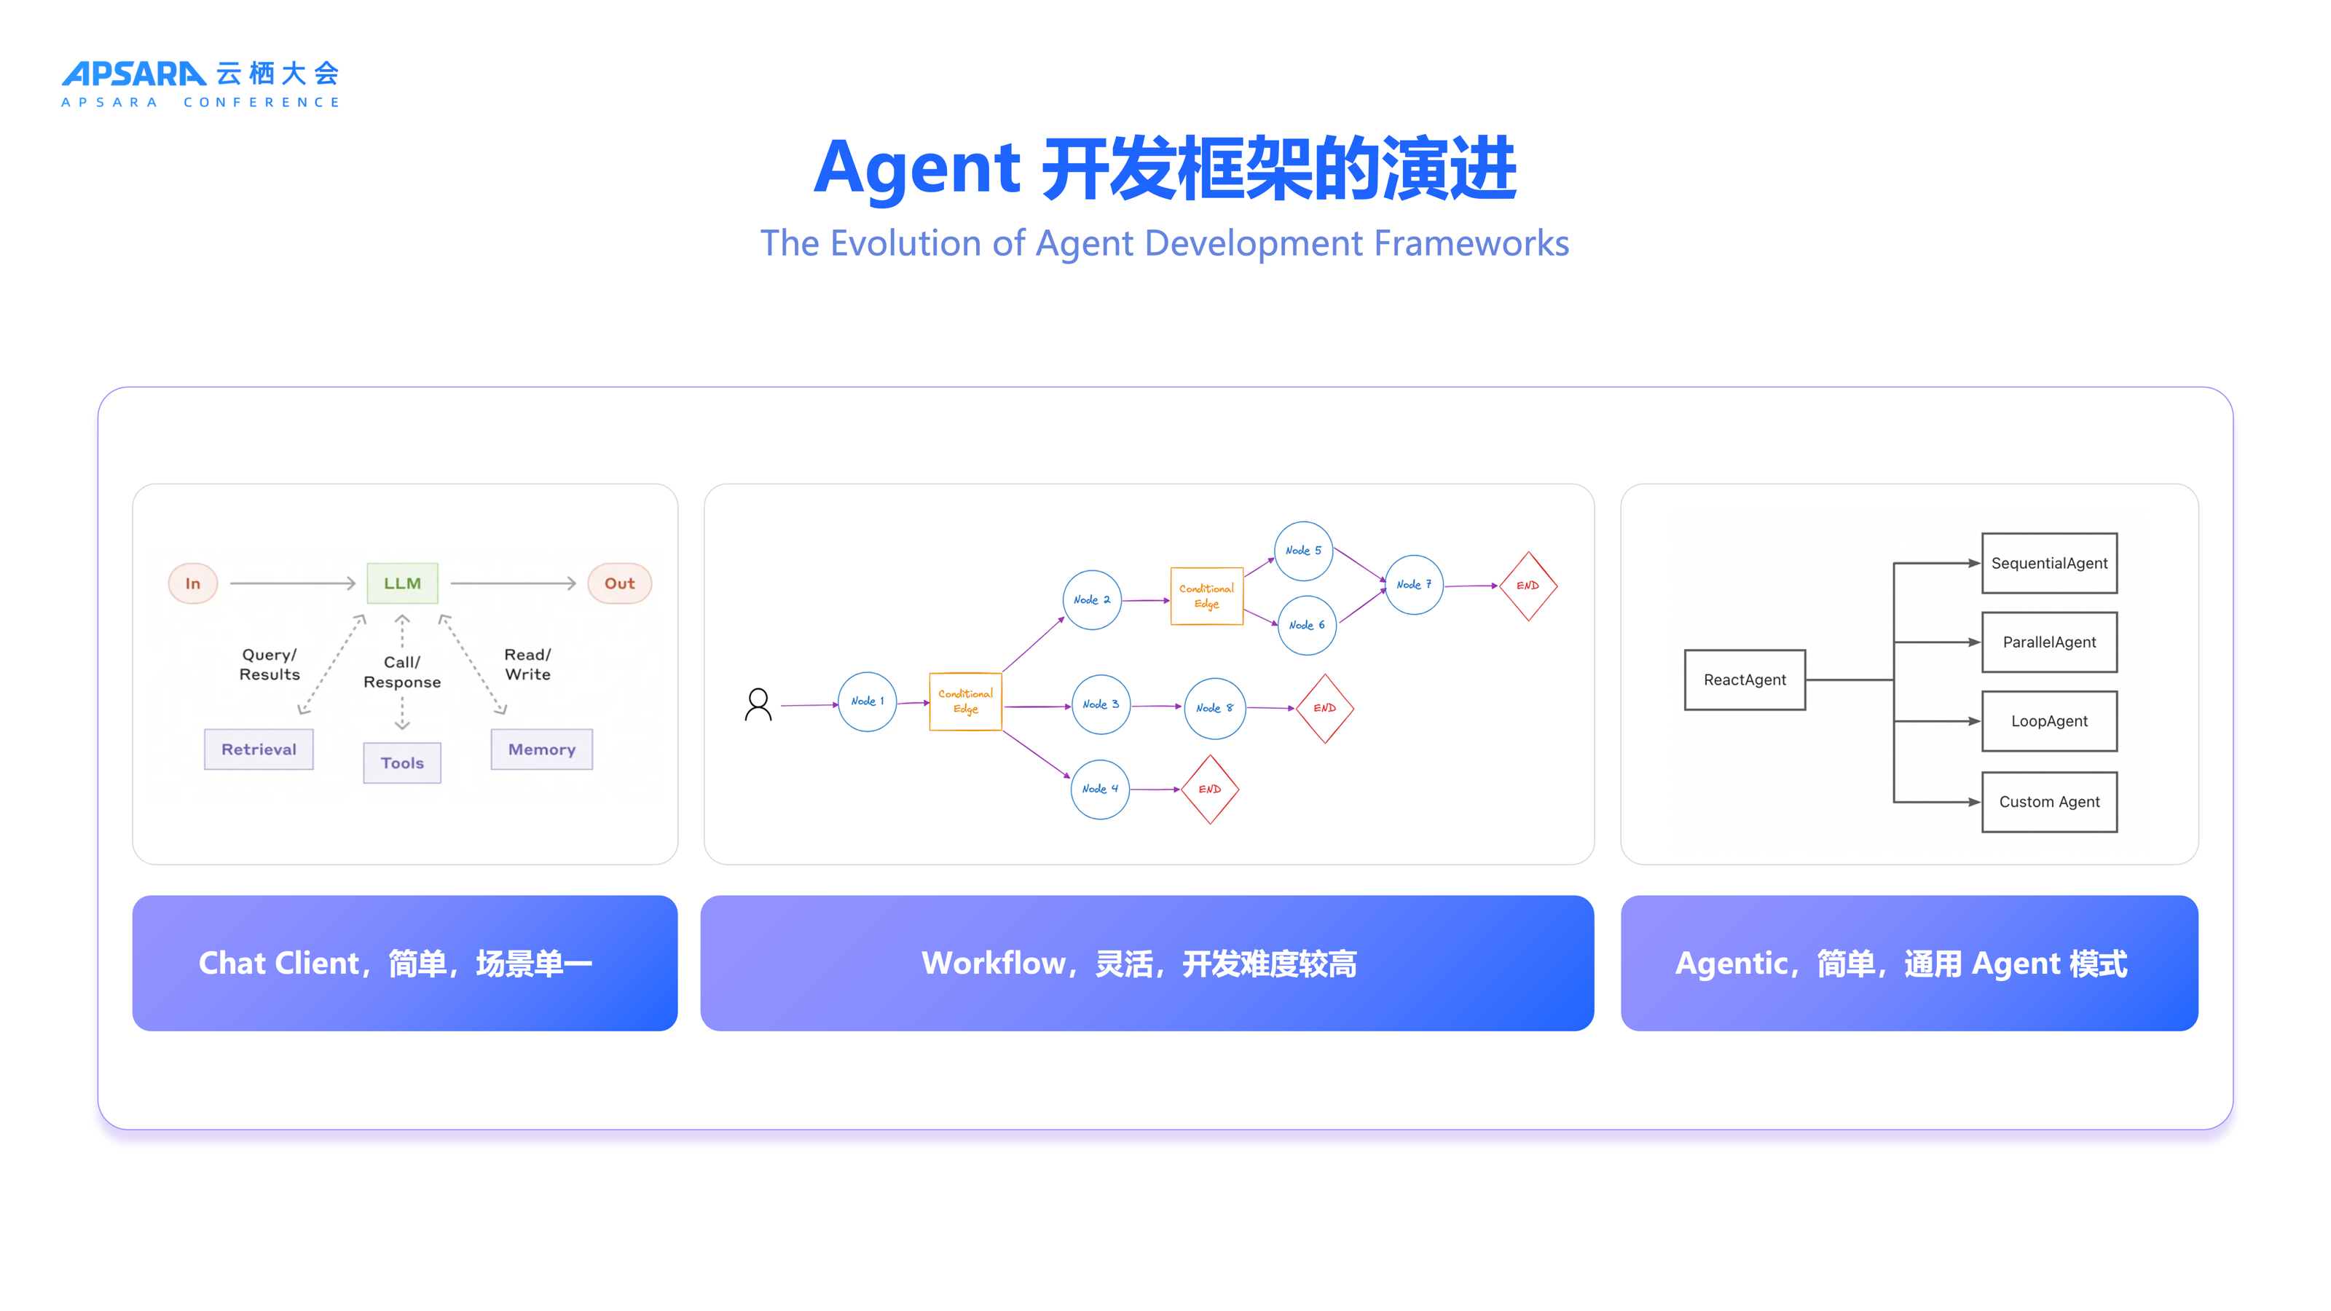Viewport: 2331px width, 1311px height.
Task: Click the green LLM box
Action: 402,583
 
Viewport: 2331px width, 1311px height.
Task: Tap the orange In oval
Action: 193,583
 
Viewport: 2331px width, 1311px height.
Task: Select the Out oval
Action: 620,583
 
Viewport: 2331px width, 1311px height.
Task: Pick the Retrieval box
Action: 259,749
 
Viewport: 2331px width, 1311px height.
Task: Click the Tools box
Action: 402,763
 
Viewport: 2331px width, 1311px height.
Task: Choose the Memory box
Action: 541,749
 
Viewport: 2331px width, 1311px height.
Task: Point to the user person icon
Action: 758,704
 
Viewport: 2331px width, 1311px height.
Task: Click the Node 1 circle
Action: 867,701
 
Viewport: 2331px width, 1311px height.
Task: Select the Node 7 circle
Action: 1413,584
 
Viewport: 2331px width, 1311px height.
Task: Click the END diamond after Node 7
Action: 1528,586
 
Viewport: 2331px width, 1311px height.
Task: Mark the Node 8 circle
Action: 1214,707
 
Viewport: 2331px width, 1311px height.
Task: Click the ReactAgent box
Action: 1744,680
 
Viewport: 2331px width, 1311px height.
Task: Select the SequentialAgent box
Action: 2048,563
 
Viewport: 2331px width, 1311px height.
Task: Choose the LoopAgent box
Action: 2048,721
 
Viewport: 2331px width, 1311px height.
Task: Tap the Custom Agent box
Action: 2048,802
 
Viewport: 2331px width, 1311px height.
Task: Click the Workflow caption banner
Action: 1147,963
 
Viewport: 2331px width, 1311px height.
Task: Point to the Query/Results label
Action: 269,664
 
